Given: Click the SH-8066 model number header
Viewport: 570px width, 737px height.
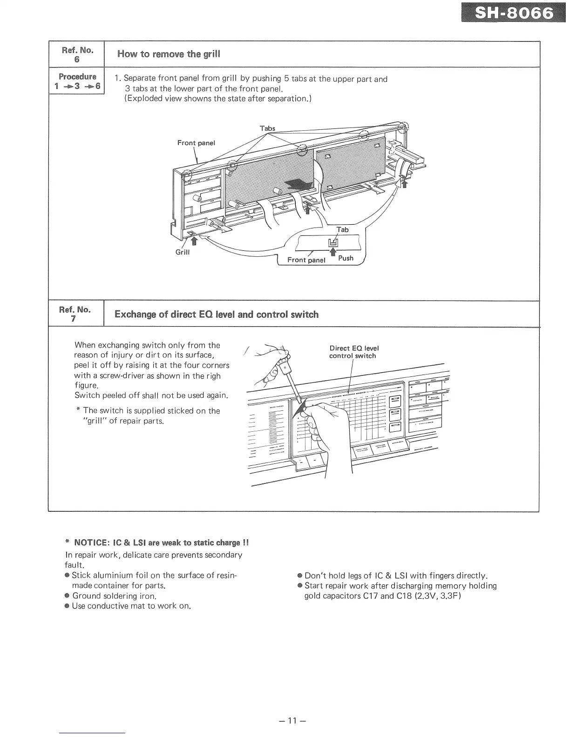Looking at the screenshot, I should click(514, 14).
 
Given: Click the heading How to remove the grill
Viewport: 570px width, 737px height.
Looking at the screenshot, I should click(169, 54).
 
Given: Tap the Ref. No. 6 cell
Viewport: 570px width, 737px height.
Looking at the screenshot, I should click(77, 54).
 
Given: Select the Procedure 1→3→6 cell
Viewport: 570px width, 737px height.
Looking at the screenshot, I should click(77, 81).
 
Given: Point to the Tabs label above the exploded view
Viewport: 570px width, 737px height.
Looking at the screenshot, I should click(267, 128).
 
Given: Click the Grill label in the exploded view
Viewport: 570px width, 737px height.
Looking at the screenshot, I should click(182, 253).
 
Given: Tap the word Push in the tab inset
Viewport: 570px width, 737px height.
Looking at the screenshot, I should click(346, 258).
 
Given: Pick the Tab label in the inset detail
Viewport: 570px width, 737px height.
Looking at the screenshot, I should click(342, 229).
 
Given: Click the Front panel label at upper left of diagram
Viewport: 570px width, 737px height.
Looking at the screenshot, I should click(196, 143).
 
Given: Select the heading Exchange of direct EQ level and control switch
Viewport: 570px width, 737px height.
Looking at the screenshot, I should click(217, 315).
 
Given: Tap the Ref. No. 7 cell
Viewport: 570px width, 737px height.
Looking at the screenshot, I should click(75, 314).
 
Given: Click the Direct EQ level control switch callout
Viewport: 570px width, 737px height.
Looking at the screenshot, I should click(353, 352).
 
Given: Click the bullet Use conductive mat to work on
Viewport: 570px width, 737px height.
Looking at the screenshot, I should click(132, 606).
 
